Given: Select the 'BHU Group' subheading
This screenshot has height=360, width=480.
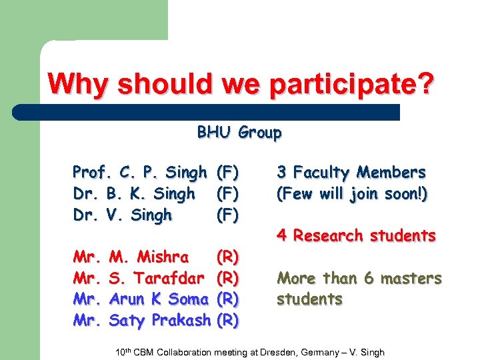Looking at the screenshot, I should pos(239,133).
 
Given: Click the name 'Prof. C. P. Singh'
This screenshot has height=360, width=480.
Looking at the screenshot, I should pos(139,173).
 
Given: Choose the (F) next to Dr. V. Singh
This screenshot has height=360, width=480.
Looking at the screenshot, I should pos(228,215).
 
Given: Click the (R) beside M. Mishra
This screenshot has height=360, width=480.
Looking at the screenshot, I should pos(228,257).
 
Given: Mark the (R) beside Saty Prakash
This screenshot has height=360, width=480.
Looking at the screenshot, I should pos(228,321).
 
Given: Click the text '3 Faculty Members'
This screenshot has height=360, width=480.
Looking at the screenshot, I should pos(351,173).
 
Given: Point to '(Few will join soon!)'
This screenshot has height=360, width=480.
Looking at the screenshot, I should pos(352,194).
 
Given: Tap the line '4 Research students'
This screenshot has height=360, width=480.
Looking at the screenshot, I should pos(356,235).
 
